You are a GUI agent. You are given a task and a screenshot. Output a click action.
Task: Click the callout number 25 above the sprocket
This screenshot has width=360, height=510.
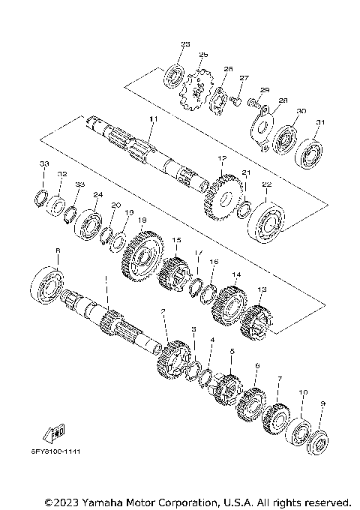[x=203, y=55]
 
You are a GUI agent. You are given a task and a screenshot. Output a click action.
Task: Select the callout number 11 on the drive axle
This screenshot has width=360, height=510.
[x=154, y=120]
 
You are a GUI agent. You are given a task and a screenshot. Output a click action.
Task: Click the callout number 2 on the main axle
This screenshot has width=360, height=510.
[x=164, y=310]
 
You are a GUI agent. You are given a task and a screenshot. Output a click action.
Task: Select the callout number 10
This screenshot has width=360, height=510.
[x=304, y=392]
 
